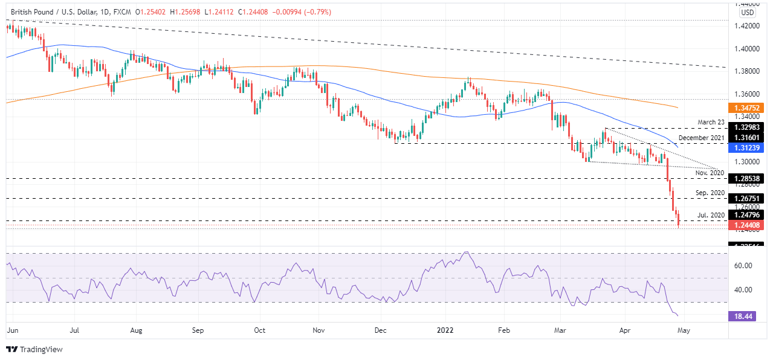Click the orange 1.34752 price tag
point(747,107)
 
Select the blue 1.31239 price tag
point(747,147)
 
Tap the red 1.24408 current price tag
point(747,225)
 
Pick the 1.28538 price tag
point(747,179)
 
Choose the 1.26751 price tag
point(747,198)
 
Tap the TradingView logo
point(34,349)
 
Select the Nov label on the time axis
point(319,330)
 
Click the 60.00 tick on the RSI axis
point(743,266)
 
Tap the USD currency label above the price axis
point(748,13)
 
